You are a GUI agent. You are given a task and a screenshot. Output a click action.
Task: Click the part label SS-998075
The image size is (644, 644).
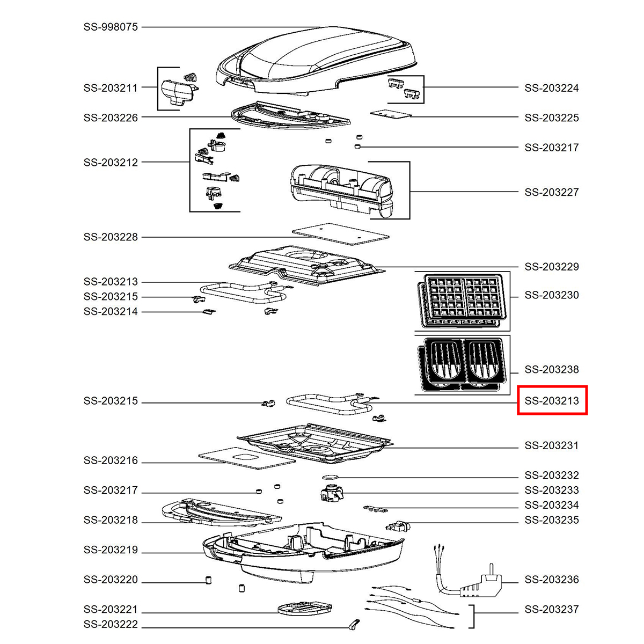click(111, 27)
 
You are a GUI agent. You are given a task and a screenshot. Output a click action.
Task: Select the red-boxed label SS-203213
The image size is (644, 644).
click(552, 400)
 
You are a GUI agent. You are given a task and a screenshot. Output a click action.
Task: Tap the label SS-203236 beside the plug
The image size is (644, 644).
click(552, 579)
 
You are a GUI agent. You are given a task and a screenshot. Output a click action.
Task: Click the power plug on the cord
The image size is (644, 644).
click(481, 587)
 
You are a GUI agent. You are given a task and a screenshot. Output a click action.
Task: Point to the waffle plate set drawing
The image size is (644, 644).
click(462, 301)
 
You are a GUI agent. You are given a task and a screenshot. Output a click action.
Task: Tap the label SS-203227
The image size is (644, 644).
click(552, 192)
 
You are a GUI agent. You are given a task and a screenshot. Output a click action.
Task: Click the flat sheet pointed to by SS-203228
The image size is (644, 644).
click(341, 234)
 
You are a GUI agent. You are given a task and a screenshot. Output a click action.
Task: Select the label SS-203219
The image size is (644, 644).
click(111, 550)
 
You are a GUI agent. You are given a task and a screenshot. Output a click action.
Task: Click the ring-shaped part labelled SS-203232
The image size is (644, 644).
click(330, 477)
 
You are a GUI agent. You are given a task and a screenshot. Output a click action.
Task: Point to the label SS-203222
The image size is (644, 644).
click(111, 624)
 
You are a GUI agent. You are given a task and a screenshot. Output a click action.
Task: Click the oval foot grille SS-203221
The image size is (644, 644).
click(305, 609)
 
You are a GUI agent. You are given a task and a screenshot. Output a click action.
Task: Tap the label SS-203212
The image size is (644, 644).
click(111, 163)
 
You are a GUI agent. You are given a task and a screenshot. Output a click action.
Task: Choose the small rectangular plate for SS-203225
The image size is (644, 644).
click(390, 114)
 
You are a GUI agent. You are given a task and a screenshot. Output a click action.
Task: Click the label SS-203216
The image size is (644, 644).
click(111, 460)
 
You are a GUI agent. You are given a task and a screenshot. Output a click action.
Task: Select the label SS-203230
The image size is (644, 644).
click(552, 295)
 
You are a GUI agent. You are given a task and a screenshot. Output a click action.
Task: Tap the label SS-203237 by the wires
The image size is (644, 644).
click(552, 609)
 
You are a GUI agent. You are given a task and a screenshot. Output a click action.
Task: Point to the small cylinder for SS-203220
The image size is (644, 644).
click(208, 580)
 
